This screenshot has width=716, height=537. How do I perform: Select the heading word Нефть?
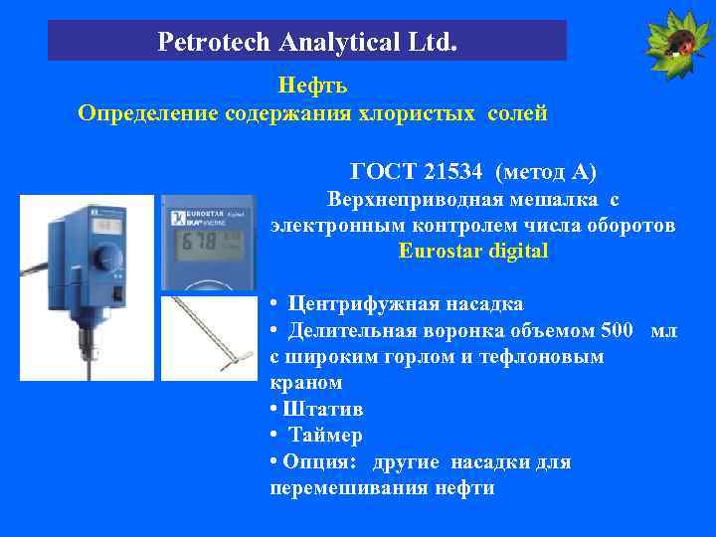[x=311, y=87]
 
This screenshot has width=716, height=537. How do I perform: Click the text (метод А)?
[x=546, y=173]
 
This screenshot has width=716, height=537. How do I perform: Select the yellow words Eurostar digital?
[x=472, y=251]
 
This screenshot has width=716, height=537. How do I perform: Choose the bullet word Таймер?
[x=325, y=435]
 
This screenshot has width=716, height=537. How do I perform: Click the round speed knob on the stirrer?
[x=101, y=262]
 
